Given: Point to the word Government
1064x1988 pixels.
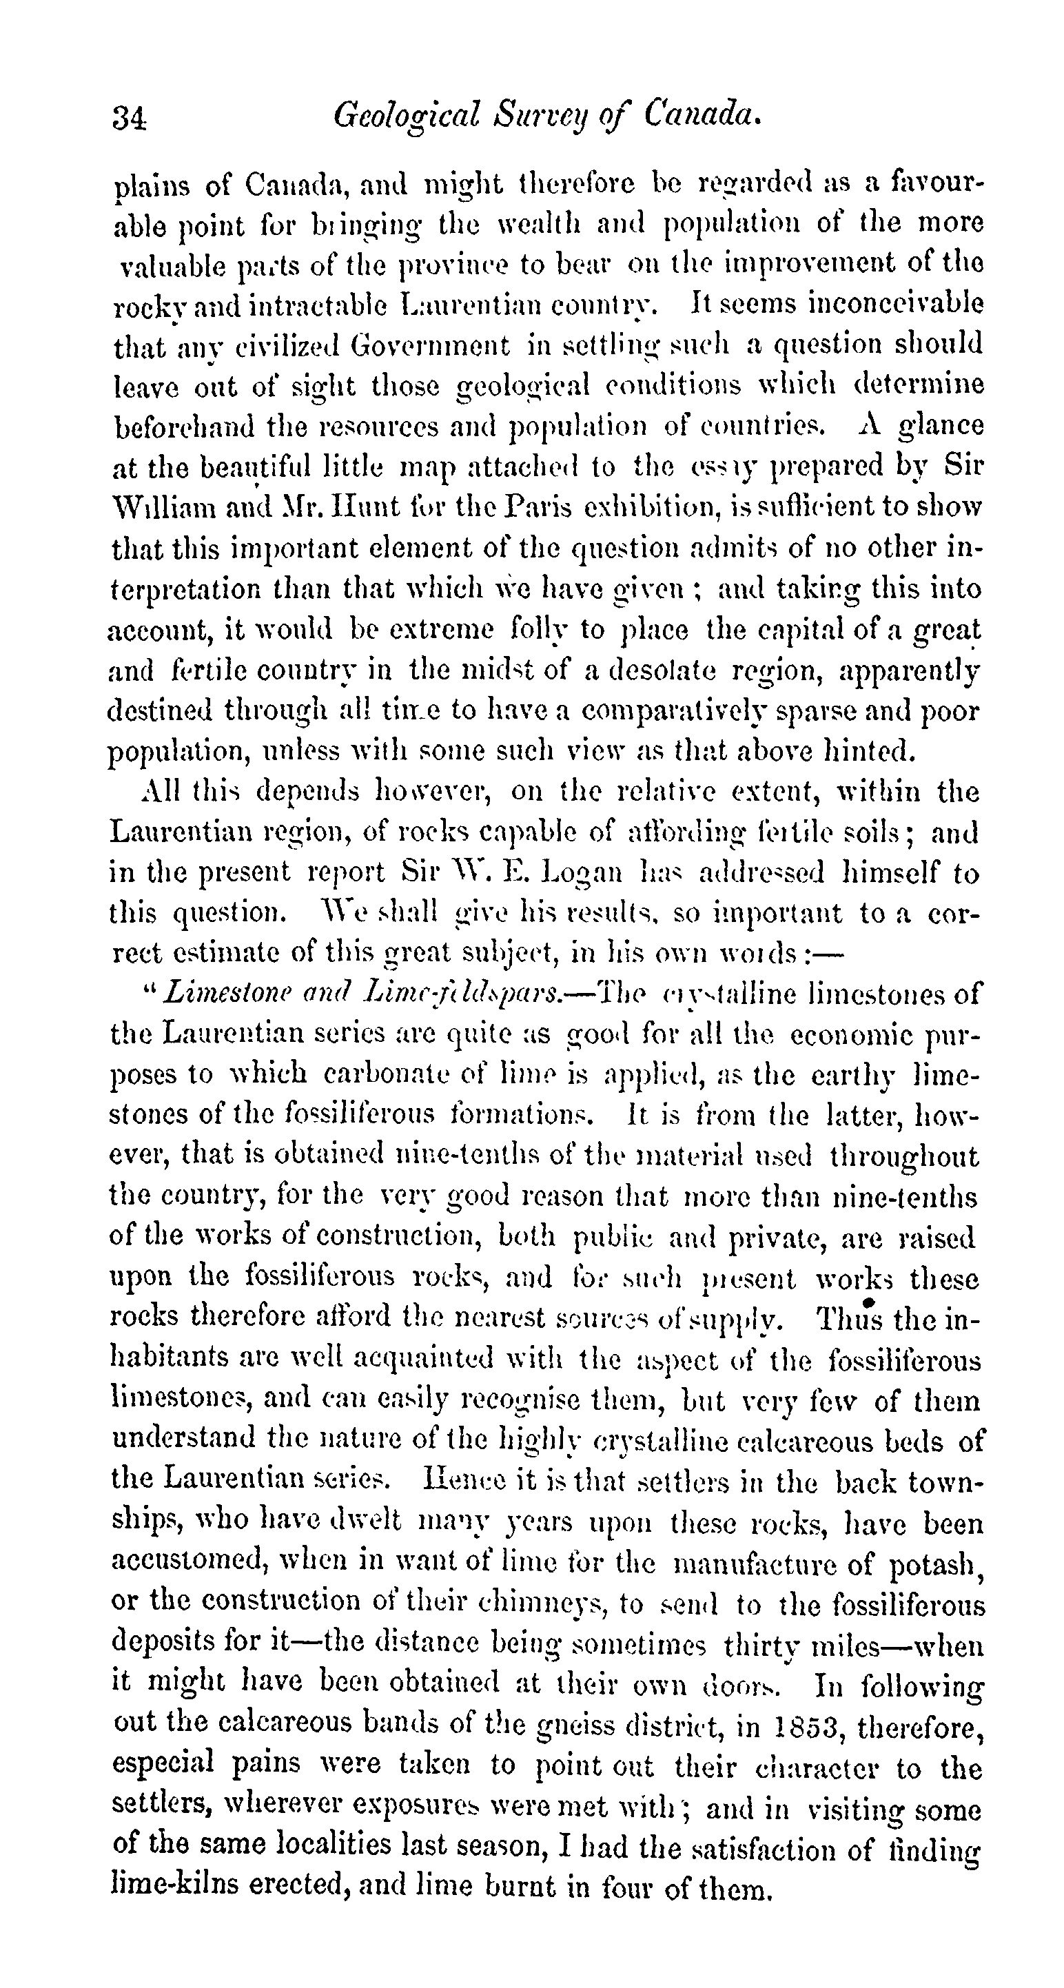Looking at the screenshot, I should tap(430, 344).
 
